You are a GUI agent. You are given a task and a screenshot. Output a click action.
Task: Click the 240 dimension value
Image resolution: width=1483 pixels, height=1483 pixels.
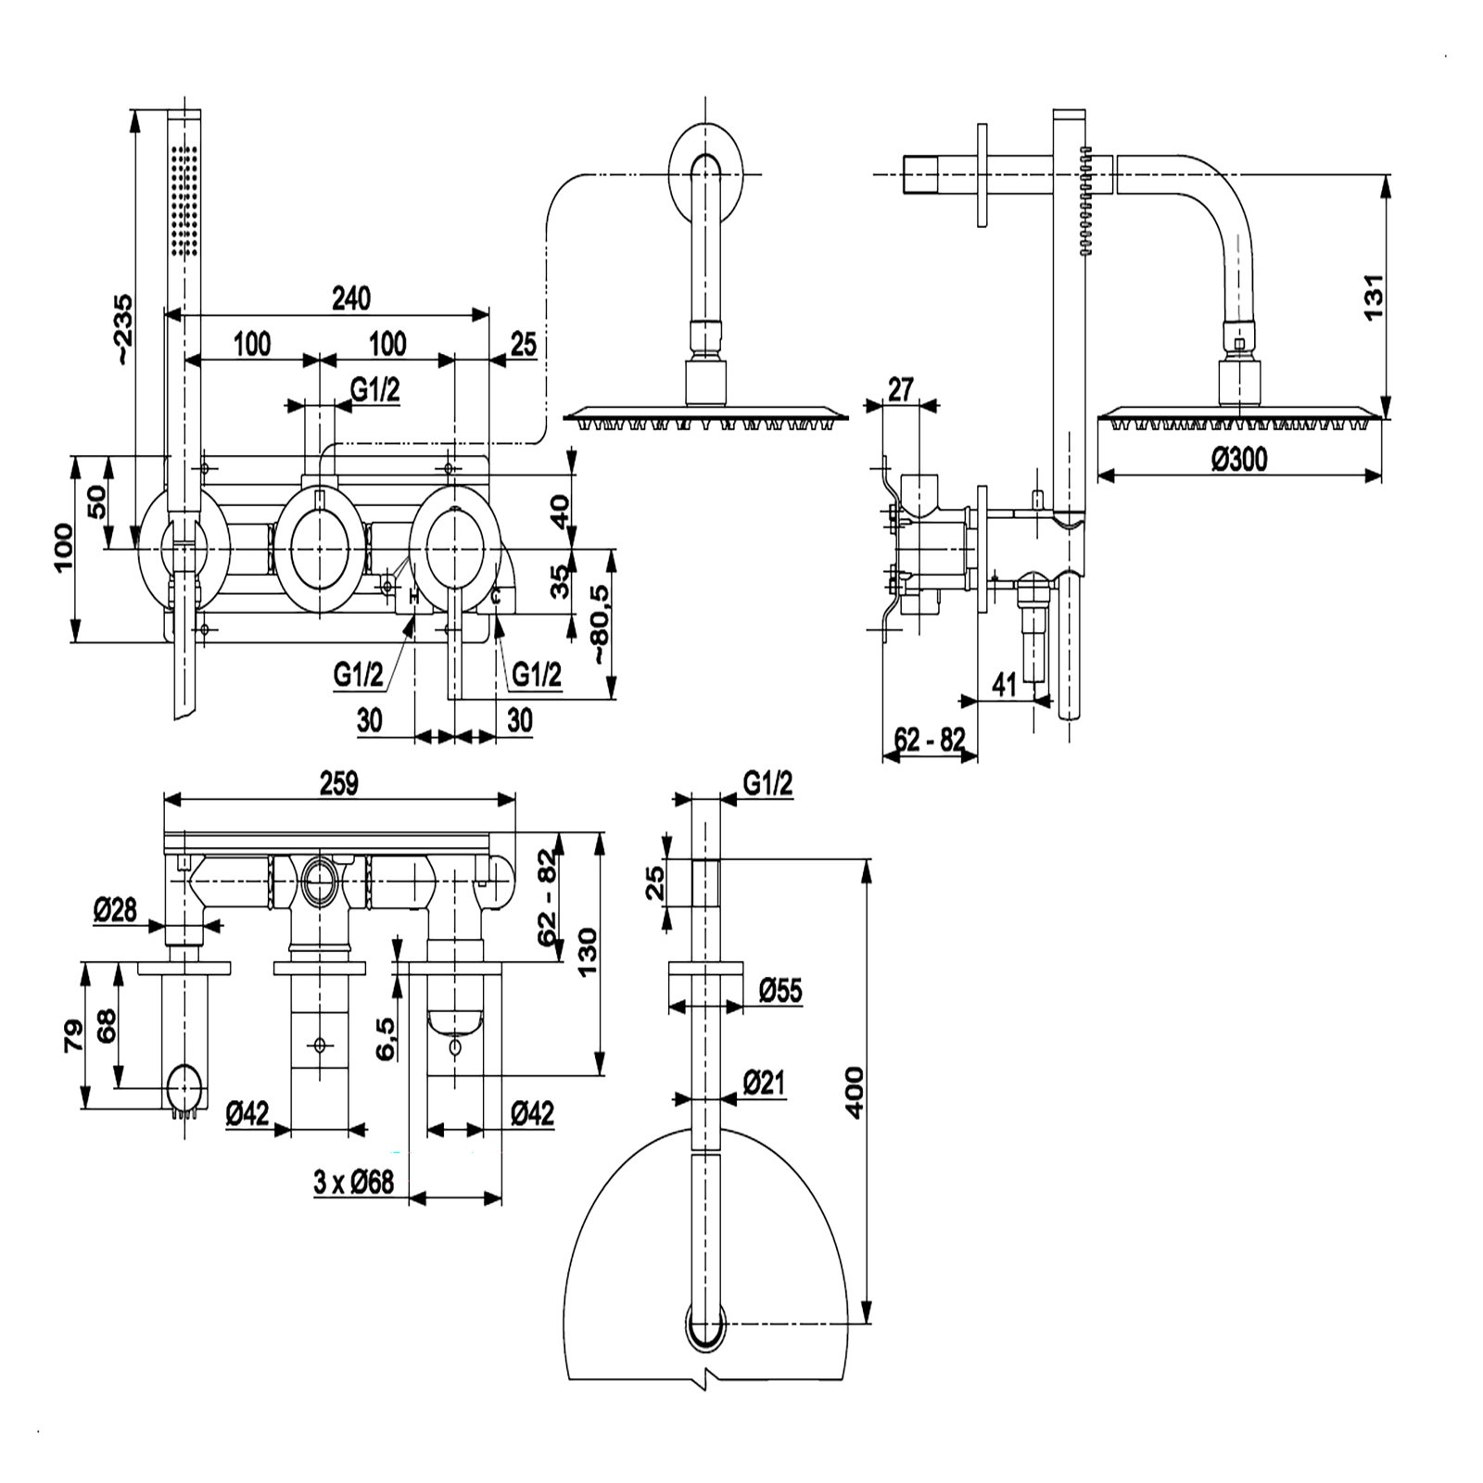(351, 298)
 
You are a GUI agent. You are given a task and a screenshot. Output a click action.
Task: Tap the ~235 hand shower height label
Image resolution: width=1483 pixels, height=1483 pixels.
(121, 330)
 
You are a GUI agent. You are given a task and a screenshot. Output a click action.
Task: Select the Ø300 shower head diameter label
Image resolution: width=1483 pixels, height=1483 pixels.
(1239, 459)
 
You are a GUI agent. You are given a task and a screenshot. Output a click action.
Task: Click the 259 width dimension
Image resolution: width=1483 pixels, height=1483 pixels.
(338, 783)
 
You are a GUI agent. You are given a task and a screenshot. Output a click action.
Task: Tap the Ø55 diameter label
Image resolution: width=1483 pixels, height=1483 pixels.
(780, 991)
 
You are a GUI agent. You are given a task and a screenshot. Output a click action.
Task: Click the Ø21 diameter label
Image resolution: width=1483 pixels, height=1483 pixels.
(765, 1081)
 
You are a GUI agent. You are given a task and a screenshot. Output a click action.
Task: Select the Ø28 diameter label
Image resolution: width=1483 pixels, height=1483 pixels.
(115, 910)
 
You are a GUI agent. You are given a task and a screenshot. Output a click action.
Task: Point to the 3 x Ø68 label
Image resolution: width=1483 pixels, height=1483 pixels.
(354, 1182)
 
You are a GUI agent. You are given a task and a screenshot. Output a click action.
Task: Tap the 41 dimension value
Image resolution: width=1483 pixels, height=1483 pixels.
(1004, 684)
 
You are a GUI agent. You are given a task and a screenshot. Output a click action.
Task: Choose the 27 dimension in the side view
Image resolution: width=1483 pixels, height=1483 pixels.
(900, 389)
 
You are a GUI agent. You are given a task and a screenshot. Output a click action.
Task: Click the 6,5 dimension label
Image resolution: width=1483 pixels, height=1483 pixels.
(387, 1038)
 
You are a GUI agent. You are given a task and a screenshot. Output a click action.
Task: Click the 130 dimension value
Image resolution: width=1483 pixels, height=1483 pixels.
(587, 956)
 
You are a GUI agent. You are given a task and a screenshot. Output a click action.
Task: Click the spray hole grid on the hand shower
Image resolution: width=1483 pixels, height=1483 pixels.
(184, 200)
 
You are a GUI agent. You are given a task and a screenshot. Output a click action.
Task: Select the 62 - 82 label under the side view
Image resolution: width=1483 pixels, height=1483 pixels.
(930, 740)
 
